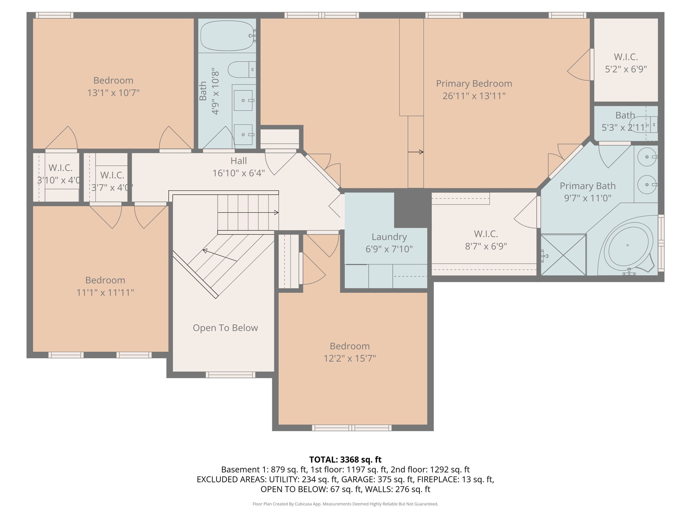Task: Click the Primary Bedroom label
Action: (x=474, y=84)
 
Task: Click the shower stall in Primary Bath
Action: (x=563, y=255)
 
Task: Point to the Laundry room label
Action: (x=389, y=237)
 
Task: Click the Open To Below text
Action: (x=225, y=328)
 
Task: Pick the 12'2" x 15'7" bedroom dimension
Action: (x=350, y=358)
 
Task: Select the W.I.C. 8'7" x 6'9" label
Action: (x=486, y=240)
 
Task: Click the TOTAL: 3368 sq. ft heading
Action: (x=345, y=459)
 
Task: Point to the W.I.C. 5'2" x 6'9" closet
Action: (x=626, y=63)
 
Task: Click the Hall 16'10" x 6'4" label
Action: (x=239, y=167)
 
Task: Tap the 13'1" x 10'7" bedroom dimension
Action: (x=113, y=93)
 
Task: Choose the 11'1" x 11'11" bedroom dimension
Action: (x=105, y=292)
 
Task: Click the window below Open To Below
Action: (x=230, y=374)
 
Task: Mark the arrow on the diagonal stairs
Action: (x=219, y=255)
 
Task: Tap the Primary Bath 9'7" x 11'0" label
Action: (x=587, y=192)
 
